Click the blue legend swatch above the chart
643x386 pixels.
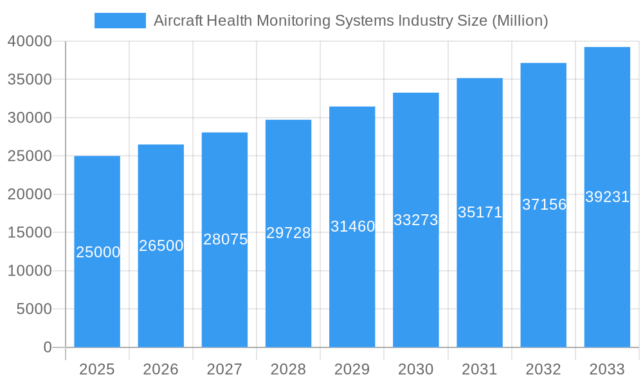click(120, 21)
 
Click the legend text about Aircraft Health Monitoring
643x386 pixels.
click(350, 21)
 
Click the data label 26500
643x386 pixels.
click(161, 246)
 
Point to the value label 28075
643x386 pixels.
click(225, 239)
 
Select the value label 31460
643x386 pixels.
click(352, 226)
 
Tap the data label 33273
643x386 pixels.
click(415, 220)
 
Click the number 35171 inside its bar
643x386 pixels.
click(480, 212)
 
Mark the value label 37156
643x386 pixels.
click(544, 205)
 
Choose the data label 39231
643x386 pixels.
click(607, 197)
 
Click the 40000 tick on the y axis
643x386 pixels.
click(30, 41)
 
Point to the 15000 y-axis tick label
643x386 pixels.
click(30, 232)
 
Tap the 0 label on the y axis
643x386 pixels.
click(48, 347)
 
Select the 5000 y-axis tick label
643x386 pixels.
click(33, 309)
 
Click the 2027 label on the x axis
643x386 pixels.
click(224, 369)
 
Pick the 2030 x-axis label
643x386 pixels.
click(415, 369)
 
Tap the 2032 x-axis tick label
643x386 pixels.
click(543, 369)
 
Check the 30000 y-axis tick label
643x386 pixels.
click(30, 118)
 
